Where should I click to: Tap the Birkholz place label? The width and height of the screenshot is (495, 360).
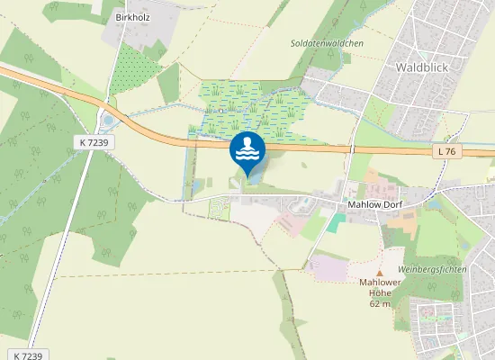(x=133, y=17)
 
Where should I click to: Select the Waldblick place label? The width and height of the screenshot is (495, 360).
(x=422, y=67)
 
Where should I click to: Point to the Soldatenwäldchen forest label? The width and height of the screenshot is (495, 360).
(x=327, y=43)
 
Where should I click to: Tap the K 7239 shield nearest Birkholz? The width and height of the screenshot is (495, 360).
(x=94, y=142)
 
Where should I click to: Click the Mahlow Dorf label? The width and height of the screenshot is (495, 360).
(x=373, y=205)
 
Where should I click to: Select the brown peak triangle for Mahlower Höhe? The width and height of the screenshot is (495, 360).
(x=379, y=273)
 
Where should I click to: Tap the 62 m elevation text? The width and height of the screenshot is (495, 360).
(x=379, y=303)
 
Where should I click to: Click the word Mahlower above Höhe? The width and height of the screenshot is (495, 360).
(x=379, y=283)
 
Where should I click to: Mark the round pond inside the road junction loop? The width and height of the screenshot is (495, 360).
(x=108, y=120)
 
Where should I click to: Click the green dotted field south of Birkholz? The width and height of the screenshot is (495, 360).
(x=134, y=69)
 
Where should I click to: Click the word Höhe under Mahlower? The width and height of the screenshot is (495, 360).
(x=379, y=292)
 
